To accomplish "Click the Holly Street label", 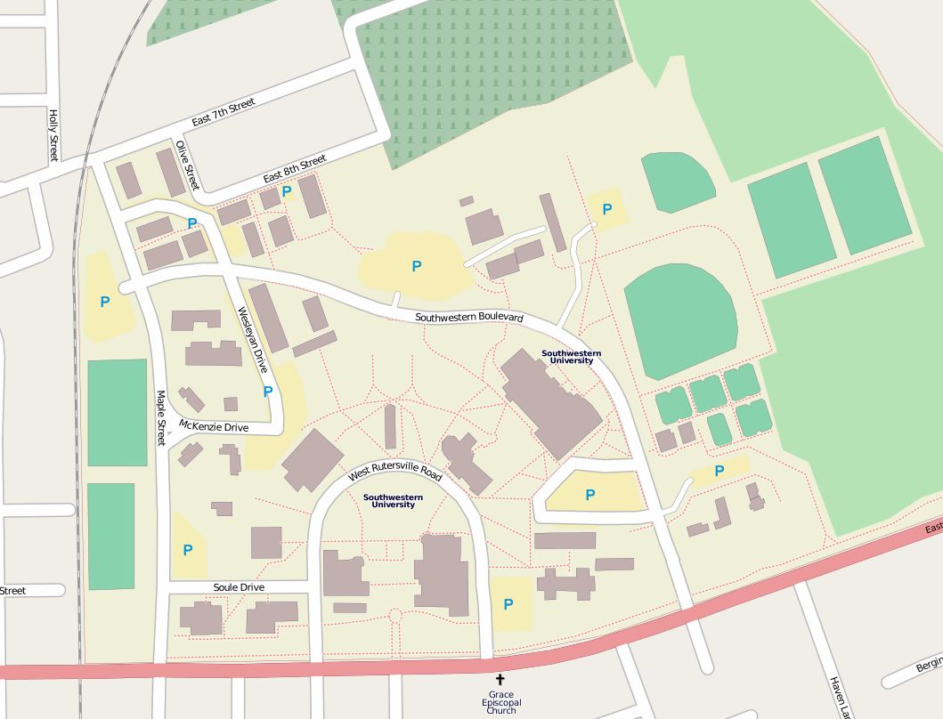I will [x=53, y=135].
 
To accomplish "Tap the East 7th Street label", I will [x=224, y=112].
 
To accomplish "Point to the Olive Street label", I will [x=187, y=166].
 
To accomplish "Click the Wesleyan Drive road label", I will [x=252, y=339].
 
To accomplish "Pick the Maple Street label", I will [x=161, y=417].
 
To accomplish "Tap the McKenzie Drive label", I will [x=214, y=426].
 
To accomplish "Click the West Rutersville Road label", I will [x=394, y=469].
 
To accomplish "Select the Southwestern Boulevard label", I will [x=469, y=318].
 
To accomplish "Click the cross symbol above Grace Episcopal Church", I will [x=500, y=680].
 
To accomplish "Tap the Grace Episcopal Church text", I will [x=500, y=702].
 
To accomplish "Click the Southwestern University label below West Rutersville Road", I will [x=393, y=501].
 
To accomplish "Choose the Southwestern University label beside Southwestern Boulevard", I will [x=572, y=357].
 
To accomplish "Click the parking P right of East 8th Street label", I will [x=287, y=191].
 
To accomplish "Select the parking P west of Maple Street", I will [x=105, y=302].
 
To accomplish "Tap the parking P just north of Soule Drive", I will [x=188, y=550].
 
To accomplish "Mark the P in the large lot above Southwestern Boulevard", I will [x=416, y=266].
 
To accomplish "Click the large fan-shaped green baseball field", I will [x=681, y=320].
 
